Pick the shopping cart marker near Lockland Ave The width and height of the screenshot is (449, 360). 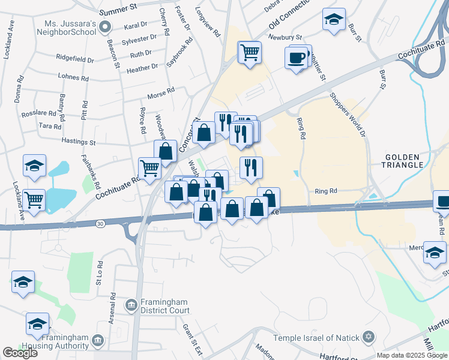[34, 199]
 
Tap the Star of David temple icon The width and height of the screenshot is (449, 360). [369, 337]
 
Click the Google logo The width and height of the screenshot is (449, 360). [20, 353]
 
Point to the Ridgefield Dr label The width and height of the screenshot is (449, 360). [75, 61]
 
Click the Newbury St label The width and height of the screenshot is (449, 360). [284, 37]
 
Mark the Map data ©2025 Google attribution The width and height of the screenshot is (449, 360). [411, 355]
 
